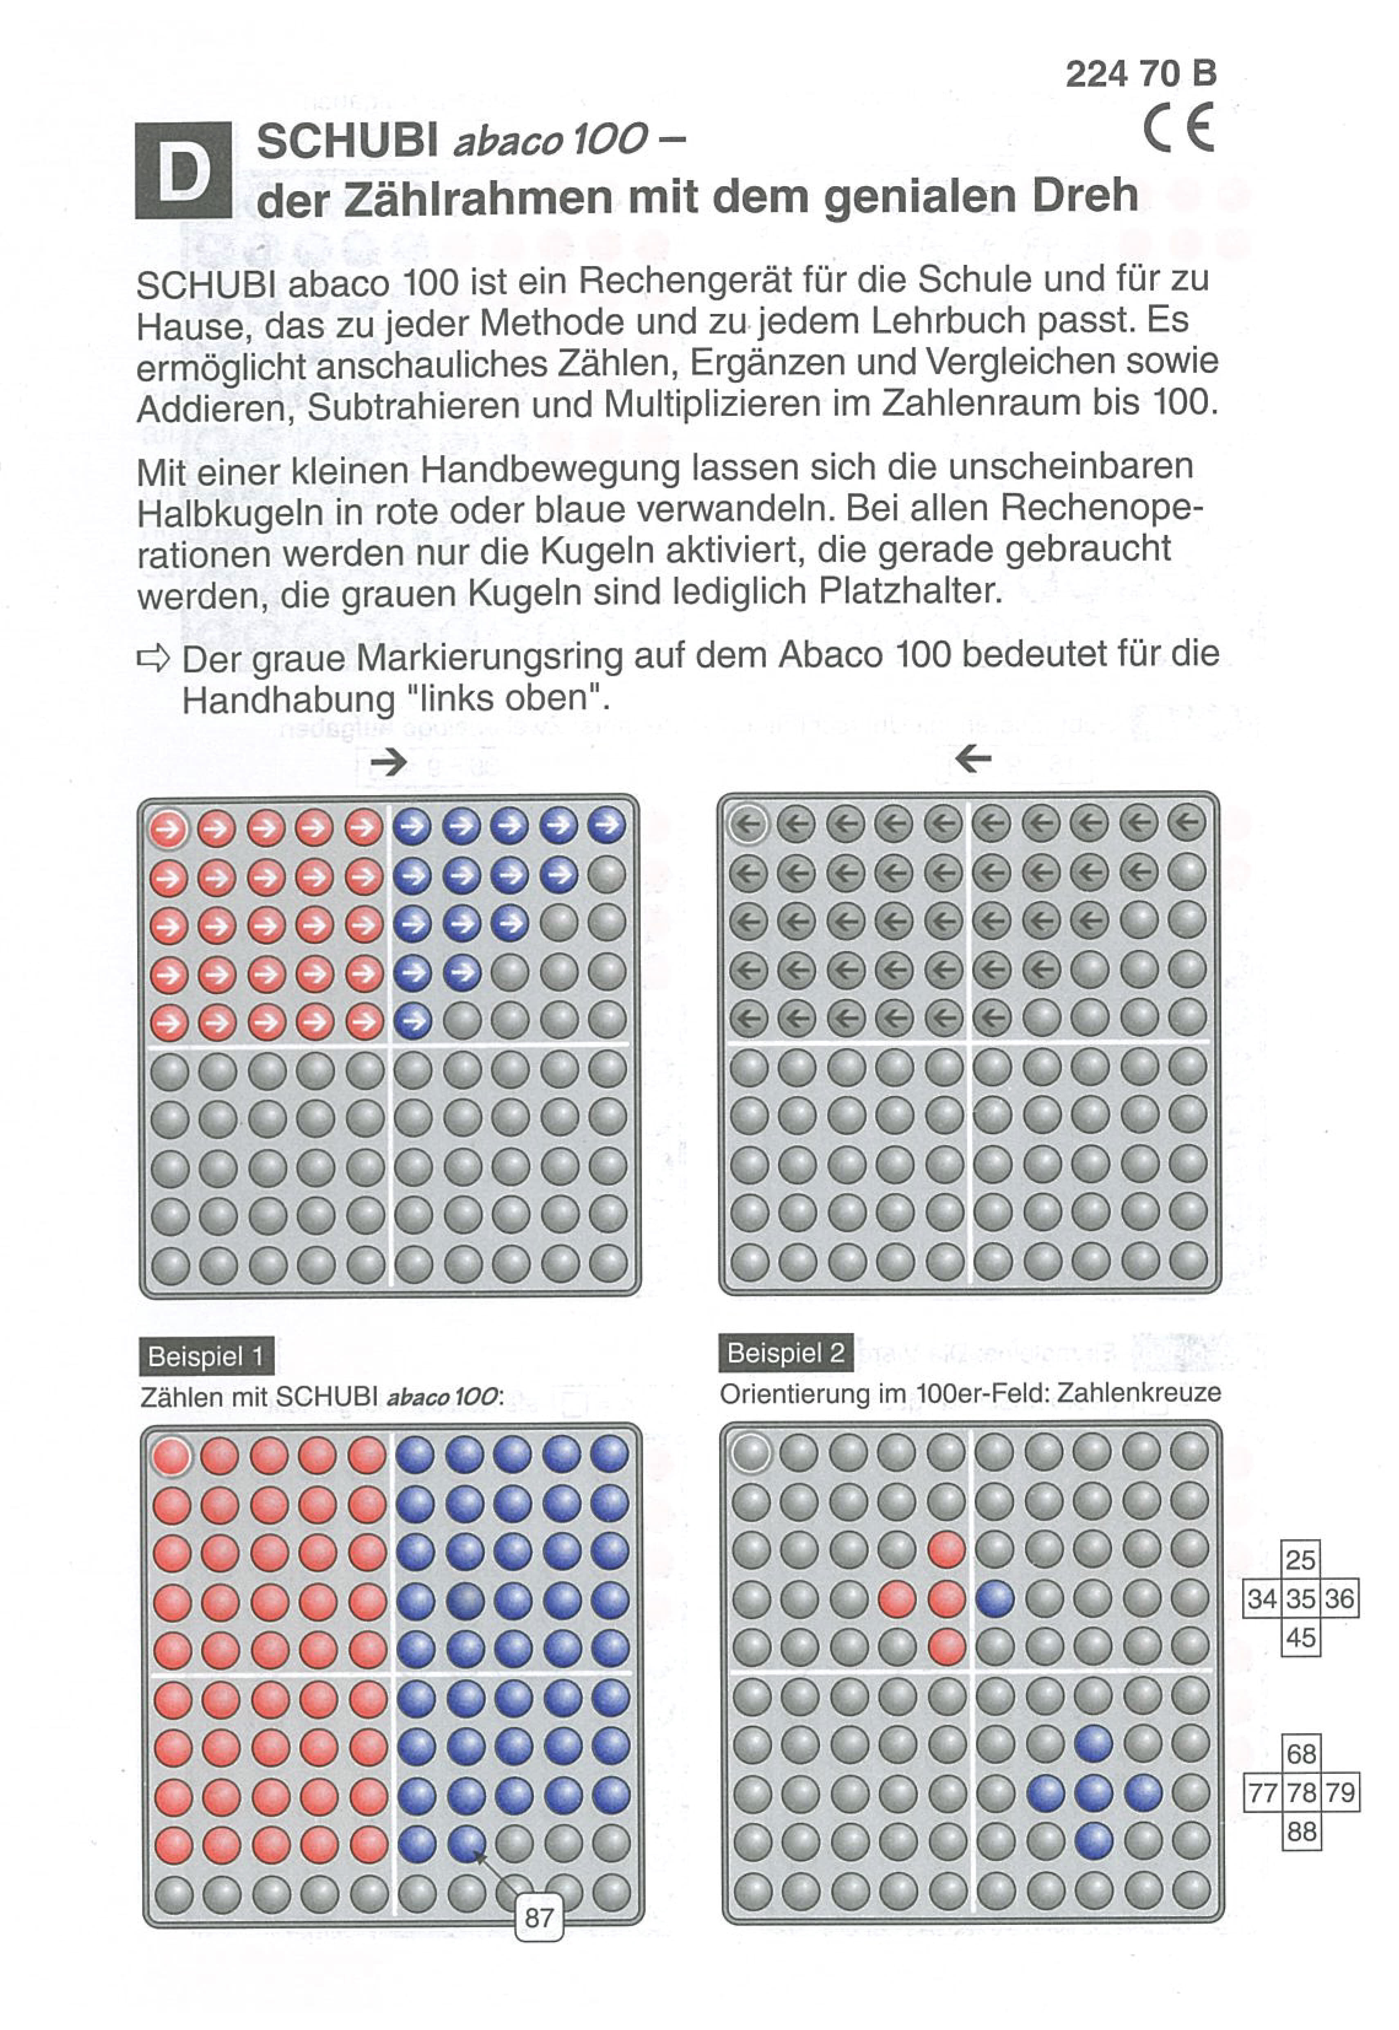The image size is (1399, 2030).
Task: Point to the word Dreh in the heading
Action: (x=1085, y=195)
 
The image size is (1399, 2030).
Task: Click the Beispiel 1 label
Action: (x=206, y=1356)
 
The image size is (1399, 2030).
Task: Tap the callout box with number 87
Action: (x=538, y=1918)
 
